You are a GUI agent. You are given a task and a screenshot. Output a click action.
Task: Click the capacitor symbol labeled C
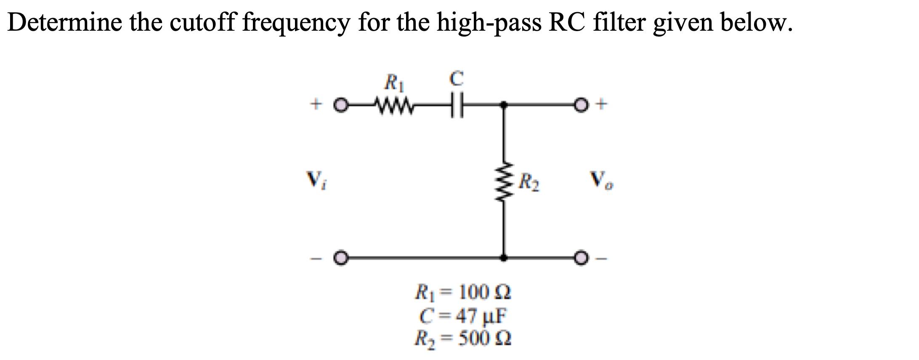456,104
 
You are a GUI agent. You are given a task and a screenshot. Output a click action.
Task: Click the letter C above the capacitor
456,79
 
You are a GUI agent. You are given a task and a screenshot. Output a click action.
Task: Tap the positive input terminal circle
341,104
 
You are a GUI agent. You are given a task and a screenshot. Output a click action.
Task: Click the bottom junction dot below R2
505,257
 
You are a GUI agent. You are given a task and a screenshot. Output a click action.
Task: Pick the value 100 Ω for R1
484,292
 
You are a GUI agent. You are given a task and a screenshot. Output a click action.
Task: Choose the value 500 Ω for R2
484,337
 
